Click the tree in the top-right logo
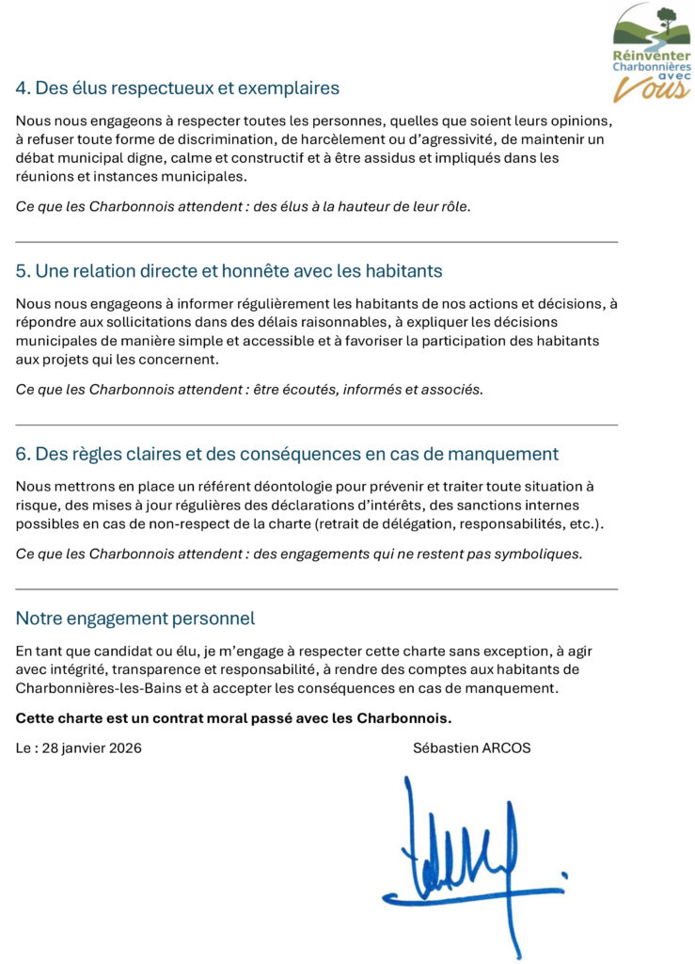click(x=668, y=19)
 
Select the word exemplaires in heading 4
click(x=291, y=88)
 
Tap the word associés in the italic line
click(x=446, y=390)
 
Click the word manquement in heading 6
click(x=503, y=454)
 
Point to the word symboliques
click(x=535, y=554)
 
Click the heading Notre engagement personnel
click(x=135, y=619)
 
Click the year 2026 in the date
click(x=124, y=748)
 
